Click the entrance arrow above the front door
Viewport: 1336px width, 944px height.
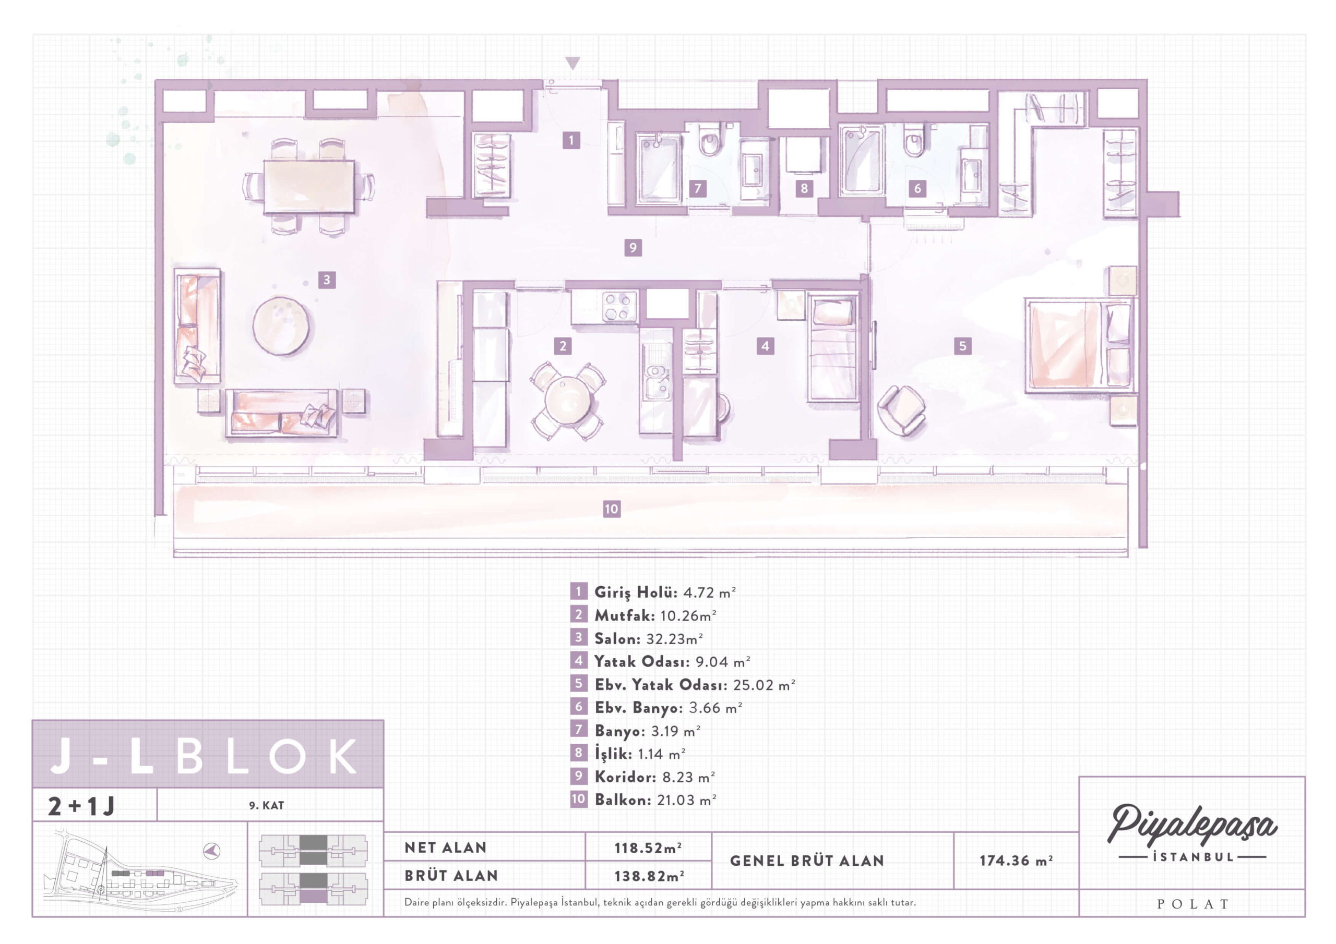(572, 63)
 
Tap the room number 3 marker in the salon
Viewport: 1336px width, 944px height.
(327, 280)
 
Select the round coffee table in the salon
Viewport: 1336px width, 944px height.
(281, 326)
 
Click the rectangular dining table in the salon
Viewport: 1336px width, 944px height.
(308, 187)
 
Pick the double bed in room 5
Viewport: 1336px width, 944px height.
(1079, 345)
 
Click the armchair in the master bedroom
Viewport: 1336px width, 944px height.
(901, 409)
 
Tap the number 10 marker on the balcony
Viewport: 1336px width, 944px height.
(611, 509)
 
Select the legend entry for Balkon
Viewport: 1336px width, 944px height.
(655, 799)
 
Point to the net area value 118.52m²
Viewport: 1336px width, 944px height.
(648, 848)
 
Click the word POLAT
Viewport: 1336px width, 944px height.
(1192, 904)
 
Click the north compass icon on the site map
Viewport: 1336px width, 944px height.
(212, 851)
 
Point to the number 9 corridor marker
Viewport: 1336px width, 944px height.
(633, 248)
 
